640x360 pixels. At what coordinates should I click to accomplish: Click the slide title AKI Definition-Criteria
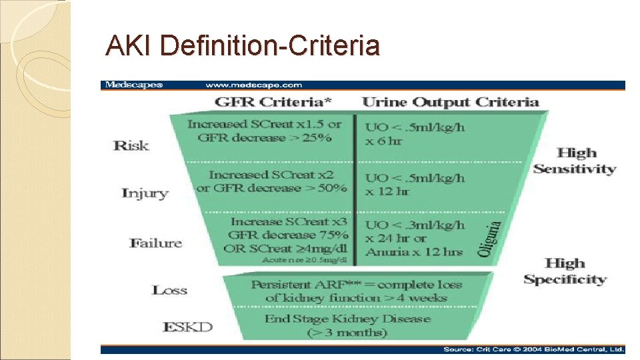[243, 46]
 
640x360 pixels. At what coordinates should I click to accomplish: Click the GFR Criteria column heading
[273, 103]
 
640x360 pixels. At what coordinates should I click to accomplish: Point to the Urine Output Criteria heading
[450, 103]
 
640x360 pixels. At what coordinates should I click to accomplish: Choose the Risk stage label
[131, 145]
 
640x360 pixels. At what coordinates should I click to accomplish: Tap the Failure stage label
[155, 243]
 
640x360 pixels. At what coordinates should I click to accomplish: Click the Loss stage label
[169, 290]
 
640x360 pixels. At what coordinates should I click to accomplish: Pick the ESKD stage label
[187, 327]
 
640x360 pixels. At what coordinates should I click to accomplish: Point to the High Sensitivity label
[575, 161]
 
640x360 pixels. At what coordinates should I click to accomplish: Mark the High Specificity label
[565, 271]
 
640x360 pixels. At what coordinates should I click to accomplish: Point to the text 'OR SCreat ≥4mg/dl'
[287, 248]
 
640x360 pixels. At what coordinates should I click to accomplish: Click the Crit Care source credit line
[534, 349]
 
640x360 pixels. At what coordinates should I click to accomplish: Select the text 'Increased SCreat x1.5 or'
[264, 124]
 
